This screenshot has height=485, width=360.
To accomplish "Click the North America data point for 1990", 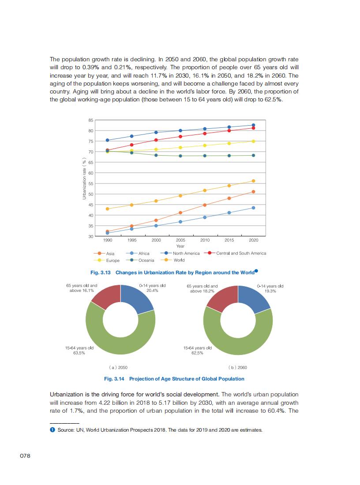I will click(x=107, y=140).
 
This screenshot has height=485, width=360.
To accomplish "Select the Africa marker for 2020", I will click(x=253, y=208).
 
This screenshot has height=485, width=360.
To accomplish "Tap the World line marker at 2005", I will click(x=180, y=196).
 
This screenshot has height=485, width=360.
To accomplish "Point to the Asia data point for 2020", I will click(x=253, y=192).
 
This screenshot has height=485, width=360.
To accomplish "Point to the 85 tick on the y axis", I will click(x=91, y=120).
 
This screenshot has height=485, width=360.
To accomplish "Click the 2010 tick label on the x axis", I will click(x=205, y=240).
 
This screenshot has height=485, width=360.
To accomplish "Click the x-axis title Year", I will click(x=180, y=246).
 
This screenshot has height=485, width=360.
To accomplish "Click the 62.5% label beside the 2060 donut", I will click(x=197, y=353).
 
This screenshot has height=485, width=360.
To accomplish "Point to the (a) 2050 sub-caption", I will click(x=118, y=367).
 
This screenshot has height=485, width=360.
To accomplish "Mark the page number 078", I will click(x=26, y=456).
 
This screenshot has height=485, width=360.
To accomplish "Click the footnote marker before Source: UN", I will click(x=52, y=430).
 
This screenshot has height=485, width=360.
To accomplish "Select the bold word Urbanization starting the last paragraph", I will click(x=67, y=394).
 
